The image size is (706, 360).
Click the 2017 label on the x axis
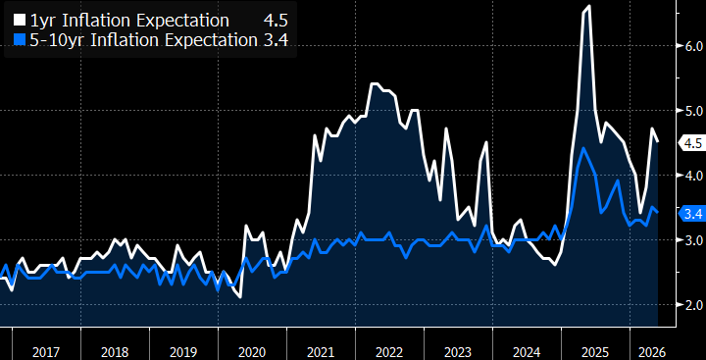click(46, 352)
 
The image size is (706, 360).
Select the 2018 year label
click(115, 352)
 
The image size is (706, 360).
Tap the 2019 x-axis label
click(183, 352)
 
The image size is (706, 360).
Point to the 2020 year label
click(252, 352)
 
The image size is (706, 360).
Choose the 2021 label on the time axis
click(321, 352)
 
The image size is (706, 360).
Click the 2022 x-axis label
click(389, 352)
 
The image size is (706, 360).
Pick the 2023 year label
click(458, 352)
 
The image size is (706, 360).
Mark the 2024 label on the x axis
click(527, 352)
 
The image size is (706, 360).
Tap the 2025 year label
click(595, 352)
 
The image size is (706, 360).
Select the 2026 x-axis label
click(651, 352)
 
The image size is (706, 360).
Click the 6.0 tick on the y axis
click(692, 46)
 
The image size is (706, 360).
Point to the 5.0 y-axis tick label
click(692, 111)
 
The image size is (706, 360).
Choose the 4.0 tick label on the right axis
click(692, 176)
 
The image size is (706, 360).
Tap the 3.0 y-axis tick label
click(692, 240)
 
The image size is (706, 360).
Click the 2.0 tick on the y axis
click(692, 305)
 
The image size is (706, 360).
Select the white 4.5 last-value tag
click(691, 143)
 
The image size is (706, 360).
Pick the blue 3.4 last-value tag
click(691, 214)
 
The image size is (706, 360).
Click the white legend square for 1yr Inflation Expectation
click(20, 21)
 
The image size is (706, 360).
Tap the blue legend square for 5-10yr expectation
click(20, 40)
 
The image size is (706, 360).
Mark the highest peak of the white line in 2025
click(589, 6)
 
